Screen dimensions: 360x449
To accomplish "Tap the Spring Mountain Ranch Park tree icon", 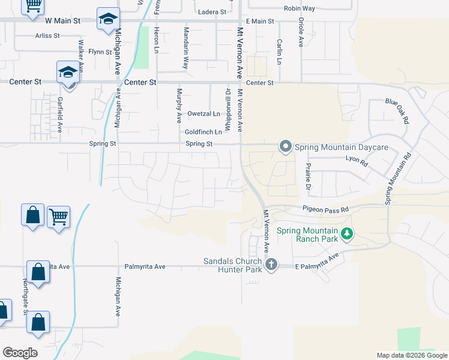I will (x=346, y=234).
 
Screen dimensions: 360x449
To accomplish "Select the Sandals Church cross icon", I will (x=271, y=264).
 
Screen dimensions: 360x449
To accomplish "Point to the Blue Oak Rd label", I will (x=397, y=111).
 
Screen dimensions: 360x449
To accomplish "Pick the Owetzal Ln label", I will (x=203, y=113).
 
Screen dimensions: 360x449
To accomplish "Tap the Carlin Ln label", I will (x=280, y=52).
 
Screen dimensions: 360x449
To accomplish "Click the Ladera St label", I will (x=212, y=11).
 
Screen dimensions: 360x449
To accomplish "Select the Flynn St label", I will (x=100, y=52).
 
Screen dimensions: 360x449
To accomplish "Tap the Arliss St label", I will (x=47, y=35).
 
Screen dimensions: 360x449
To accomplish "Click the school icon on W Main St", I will (x=107, y=19).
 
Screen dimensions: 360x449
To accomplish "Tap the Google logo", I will (x=20, y=353).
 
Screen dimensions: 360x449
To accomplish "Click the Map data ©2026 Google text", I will (x=411, y=355).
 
